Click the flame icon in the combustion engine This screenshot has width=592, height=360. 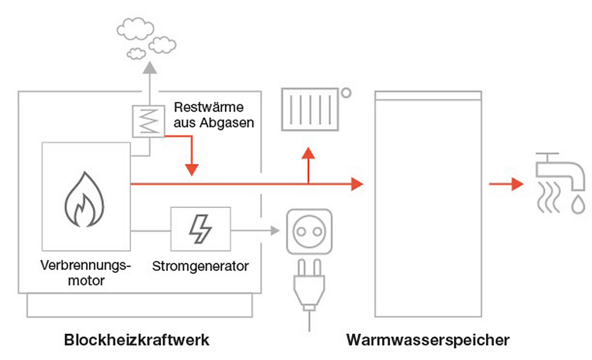[x=85, y=199]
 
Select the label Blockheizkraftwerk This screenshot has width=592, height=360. [x=136, y=340]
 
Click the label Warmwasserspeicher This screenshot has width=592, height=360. [x=428, y=340]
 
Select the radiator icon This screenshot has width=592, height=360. [x=310, y=109]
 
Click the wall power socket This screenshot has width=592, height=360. [x=309, y=231]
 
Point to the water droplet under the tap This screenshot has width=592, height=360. [x=578, y=205]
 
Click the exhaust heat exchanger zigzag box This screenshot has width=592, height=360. [x=149, y=121]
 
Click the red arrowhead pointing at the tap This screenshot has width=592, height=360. [x=516, y=184]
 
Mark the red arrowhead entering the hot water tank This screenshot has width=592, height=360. [x=357, y=184]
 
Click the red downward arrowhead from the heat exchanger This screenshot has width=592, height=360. [x=191, y=169]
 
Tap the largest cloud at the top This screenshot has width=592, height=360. [x=135, y=28]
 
